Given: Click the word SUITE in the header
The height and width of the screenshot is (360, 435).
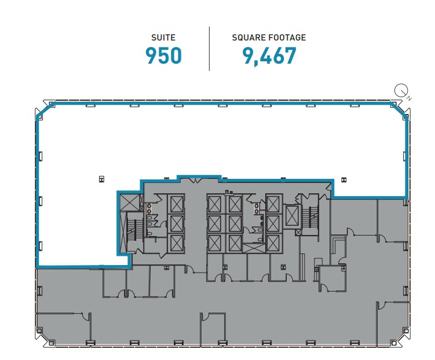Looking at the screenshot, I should pos(163,38).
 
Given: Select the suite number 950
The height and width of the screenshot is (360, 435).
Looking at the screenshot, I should pos(163,56).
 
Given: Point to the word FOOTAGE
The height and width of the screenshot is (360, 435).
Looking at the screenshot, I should pos(287,38).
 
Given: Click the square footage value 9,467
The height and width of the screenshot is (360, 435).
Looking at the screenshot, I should pos(269,56).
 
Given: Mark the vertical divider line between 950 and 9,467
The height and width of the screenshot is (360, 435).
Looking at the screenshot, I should pos(209,48).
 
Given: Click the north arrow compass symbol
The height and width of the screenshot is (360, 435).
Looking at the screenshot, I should pos(401,91).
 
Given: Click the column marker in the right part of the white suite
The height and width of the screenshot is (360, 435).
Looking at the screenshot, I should pos(342,180).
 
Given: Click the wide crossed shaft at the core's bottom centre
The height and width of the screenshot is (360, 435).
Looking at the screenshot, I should pos(253,248).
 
